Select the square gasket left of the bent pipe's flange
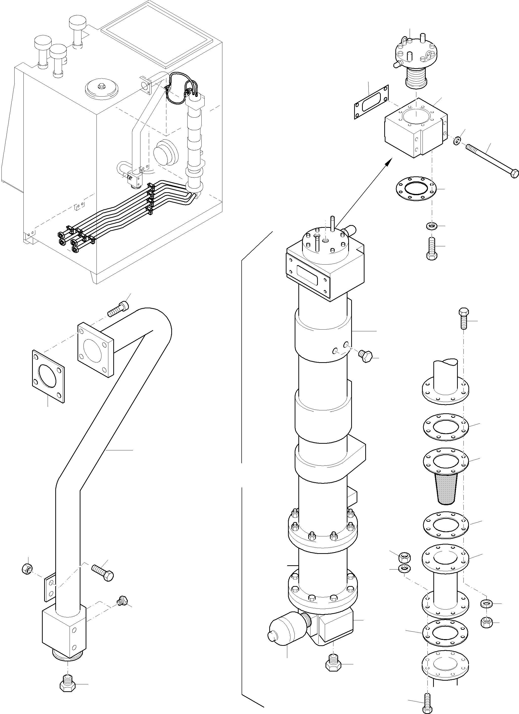(48, 377)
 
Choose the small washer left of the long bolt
(457, 140)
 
